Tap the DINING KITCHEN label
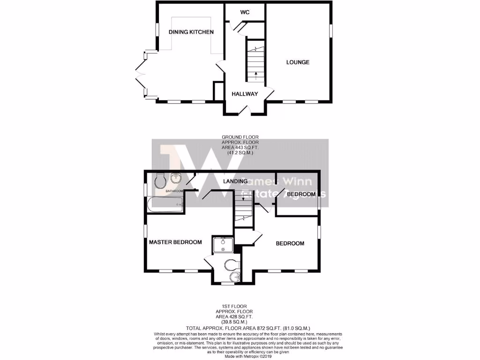click(191, 32)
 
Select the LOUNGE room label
click(298, 62)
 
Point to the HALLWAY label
click(245, 94)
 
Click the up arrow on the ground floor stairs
click(255, 74)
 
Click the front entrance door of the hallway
click(244, 111)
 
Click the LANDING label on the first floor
click(235, 181)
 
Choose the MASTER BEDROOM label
click(175, 242)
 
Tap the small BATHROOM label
click(174, 191)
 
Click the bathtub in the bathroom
click(165, 203)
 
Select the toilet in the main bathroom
click(159, 180)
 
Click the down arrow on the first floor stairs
click(243, 199)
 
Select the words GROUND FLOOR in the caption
click(240, 137)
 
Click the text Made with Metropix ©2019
click(240, 357)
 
